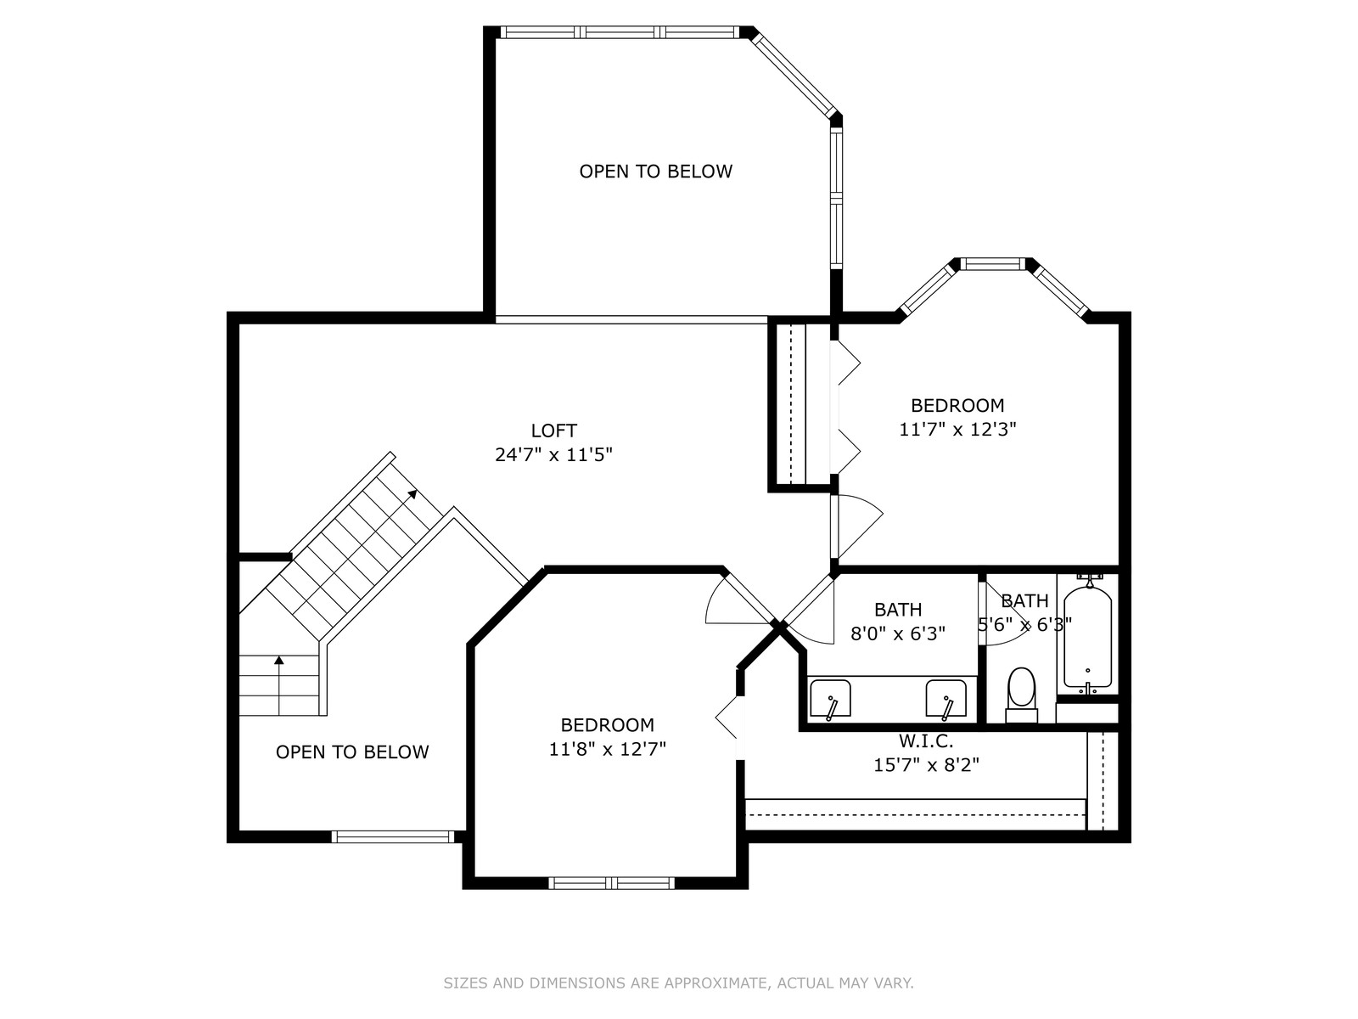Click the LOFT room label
point(553,430)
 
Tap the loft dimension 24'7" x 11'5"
point(553,455)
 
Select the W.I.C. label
point(925,740)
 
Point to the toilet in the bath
point(1021,695)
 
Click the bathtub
point(1087,637)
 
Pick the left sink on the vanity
point(830,699)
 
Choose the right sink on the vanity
point(946,699)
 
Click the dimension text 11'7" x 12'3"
point(957,430)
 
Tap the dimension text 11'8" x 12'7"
point(608,749)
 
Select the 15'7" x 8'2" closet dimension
point(926,765)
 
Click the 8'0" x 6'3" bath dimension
point(898,633)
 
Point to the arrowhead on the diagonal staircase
point(412,493)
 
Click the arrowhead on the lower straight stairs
point(279,660)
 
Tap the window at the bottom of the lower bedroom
point(611,883)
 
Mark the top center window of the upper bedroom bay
point(992,264)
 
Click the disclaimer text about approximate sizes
point(678,982)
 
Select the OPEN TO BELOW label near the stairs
point(352,752)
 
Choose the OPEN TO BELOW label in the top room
point(656,172)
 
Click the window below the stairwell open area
point(393,836)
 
